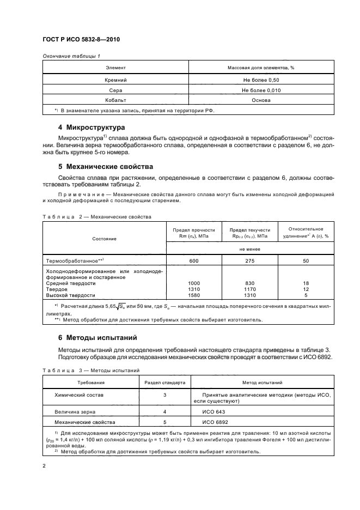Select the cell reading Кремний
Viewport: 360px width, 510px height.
pyautogui.click(x=115, y=80)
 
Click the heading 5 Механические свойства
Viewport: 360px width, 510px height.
pyautogui.click(x=106, y=166)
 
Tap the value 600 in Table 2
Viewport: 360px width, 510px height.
pyautogui.click(x=194, y=261)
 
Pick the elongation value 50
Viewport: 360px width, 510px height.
pyautogui.click(x=305, y=261)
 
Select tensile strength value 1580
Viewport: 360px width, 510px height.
pyautogui.click(x=194, y=295)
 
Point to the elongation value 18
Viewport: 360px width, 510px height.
pyautogui.click(x=305, y=283)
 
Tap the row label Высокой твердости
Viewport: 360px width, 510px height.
pyautogui.click(x=71, y=295)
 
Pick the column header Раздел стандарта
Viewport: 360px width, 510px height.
pyautogui.click(x=165, y=383)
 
